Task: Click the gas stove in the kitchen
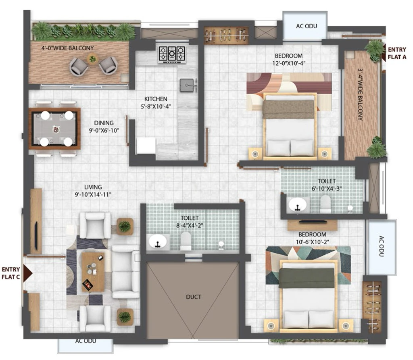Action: [172, 54]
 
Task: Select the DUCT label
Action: [194, 297]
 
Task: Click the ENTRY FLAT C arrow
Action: [28, 273]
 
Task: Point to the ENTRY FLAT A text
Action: [397, 53]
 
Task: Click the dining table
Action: [54, 129]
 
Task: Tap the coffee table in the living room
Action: [93, 272]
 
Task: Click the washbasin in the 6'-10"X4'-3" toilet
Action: [298, 205]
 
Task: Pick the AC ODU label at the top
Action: [307, 26]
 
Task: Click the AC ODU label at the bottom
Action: [86, 341]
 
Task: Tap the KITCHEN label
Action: [156, 99]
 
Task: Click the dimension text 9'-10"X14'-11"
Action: [93, 195]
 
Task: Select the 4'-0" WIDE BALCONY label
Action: [68, 48]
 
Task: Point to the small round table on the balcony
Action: [92, 59]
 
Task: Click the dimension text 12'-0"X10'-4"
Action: [289, 63]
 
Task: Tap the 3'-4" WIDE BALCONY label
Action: [360, 94]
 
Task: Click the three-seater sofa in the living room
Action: [126, 272]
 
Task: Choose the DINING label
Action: [104, 123]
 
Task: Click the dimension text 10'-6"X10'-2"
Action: [312, 242]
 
